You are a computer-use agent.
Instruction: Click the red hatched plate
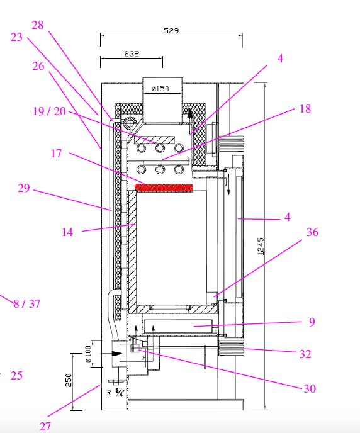click(x=164, y=188)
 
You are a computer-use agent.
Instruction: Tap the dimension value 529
click(x=171, y=30)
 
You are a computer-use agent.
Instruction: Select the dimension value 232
click(x=132, y=53)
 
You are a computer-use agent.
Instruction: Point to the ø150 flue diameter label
click(x=160, y=89)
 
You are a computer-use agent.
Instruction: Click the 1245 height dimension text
click(x=261, y=246)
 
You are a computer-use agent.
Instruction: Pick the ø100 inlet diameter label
click(x=88, y=354)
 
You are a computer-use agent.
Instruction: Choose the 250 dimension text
click(x=69, y=380)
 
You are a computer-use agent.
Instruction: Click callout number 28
click(x=38, y=25)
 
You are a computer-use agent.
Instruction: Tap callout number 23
click(x=16, y=37)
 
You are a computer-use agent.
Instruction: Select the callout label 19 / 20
click(x=50, y=111)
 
